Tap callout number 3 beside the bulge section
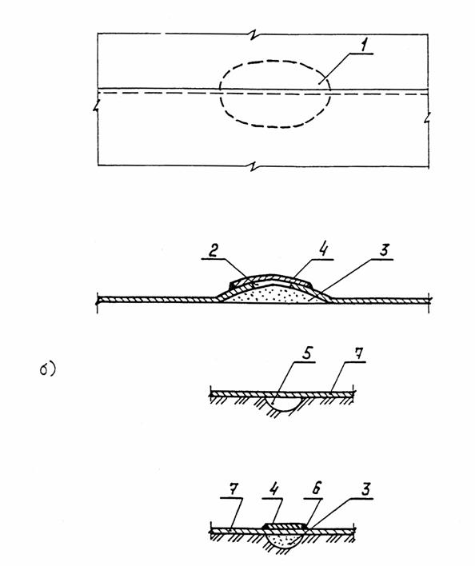[x=384, y=250]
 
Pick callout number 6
[x=317, y=489]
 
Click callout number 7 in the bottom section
[x=234, y=490]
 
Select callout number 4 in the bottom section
[x=273, y=489]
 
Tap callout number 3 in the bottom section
[x=365, y=489]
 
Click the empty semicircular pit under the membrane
[x=282, y=404]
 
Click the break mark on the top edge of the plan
[x=256, y=34]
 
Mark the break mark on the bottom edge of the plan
[x=256, y=166]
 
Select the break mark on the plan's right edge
[x=428, y=118]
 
